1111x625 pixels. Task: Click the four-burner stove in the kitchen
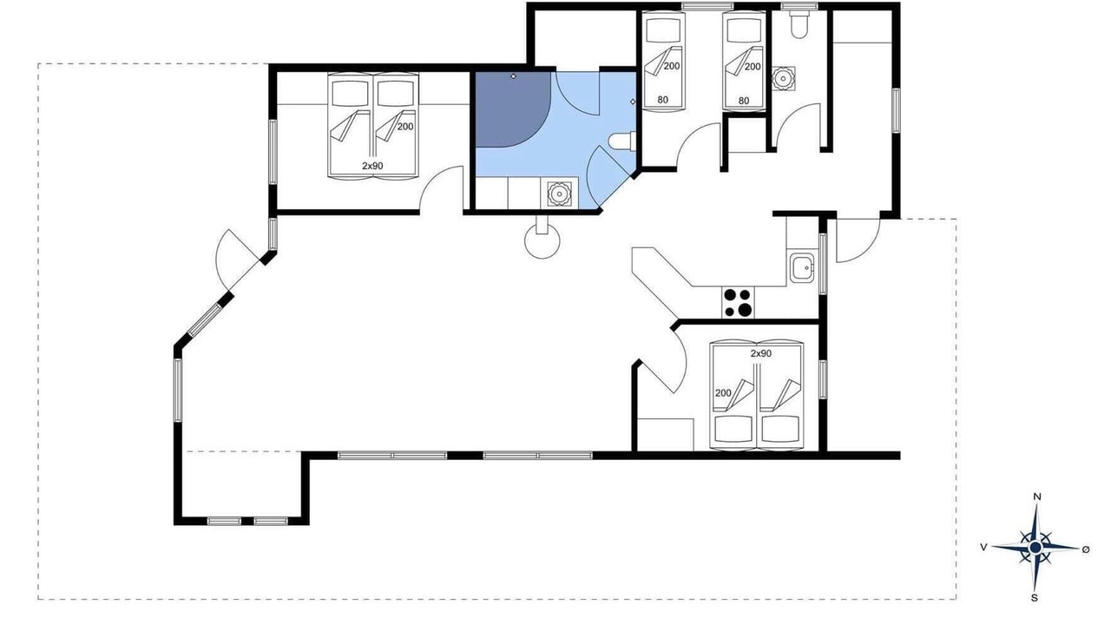click(x=738, y=302)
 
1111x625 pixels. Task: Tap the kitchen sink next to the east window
click(x=801, y=267)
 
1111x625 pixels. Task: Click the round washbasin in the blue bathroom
click(x=559, y=194)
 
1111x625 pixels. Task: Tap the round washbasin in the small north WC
click(x=783, y=79)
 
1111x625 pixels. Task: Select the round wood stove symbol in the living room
click(x=542, y=241)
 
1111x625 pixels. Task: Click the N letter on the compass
click(x=1036, y=497)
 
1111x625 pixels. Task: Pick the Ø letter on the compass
click(x=1086, y=549)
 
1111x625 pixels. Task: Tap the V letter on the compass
click(x=983, y=547)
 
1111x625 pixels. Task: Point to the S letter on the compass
click(x=1034, y=598)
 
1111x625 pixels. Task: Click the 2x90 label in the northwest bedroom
click(x=372, y=166)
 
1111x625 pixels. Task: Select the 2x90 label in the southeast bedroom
click(x=761, y=353)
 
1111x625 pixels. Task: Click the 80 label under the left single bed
click(x=662, y=100)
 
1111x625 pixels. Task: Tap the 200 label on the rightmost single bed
click(x=753, y=67)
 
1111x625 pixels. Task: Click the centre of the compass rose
click(x=1035, y=547)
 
